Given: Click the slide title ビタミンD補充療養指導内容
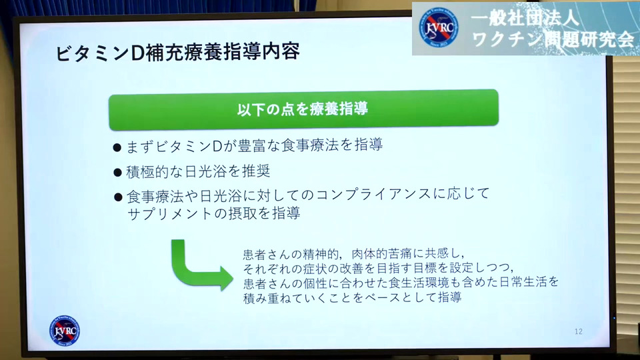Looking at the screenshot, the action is pos(177,52).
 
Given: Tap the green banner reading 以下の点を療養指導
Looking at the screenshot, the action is pos(303,109).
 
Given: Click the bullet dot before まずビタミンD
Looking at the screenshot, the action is pos(117,147).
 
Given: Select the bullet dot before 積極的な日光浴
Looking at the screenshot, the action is pos(117,173).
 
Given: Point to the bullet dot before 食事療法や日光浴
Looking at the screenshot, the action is pos(119,197).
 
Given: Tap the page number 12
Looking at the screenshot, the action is pos(579,331).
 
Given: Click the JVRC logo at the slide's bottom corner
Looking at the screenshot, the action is pos(65,331).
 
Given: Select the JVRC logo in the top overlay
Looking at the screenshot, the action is pos(439,28).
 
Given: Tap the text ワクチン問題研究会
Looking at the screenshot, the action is pos(553,39).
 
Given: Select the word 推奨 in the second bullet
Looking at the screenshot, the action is pos(256,171).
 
